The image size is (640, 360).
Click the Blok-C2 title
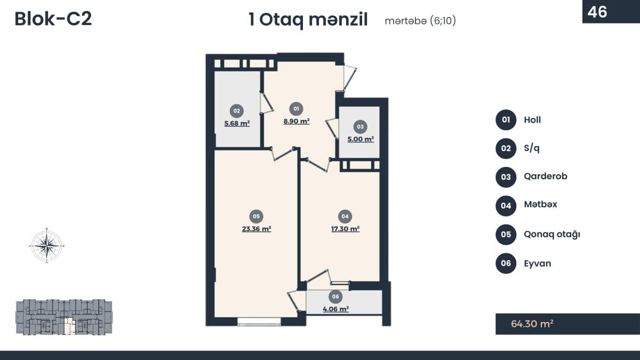53,19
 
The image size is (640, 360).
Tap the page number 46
597,11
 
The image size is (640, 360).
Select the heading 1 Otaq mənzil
308,20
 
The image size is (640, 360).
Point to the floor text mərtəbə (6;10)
420,21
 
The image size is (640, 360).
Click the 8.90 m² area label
297,121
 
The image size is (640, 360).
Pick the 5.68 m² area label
237,123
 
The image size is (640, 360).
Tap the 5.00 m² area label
361,139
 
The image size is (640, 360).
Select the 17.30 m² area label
345,228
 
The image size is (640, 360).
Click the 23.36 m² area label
257,229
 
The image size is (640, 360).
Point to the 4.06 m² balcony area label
335,309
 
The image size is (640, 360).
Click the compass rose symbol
47,245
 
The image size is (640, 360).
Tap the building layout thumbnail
64,317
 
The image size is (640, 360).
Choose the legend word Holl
532,120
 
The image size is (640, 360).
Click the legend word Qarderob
546,177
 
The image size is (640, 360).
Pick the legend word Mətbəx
540,205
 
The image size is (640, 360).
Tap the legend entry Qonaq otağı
552,234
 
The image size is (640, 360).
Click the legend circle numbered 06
506,263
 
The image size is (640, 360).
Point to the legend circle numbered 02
506,148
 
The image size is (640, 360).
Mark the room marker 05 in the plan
257,216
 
